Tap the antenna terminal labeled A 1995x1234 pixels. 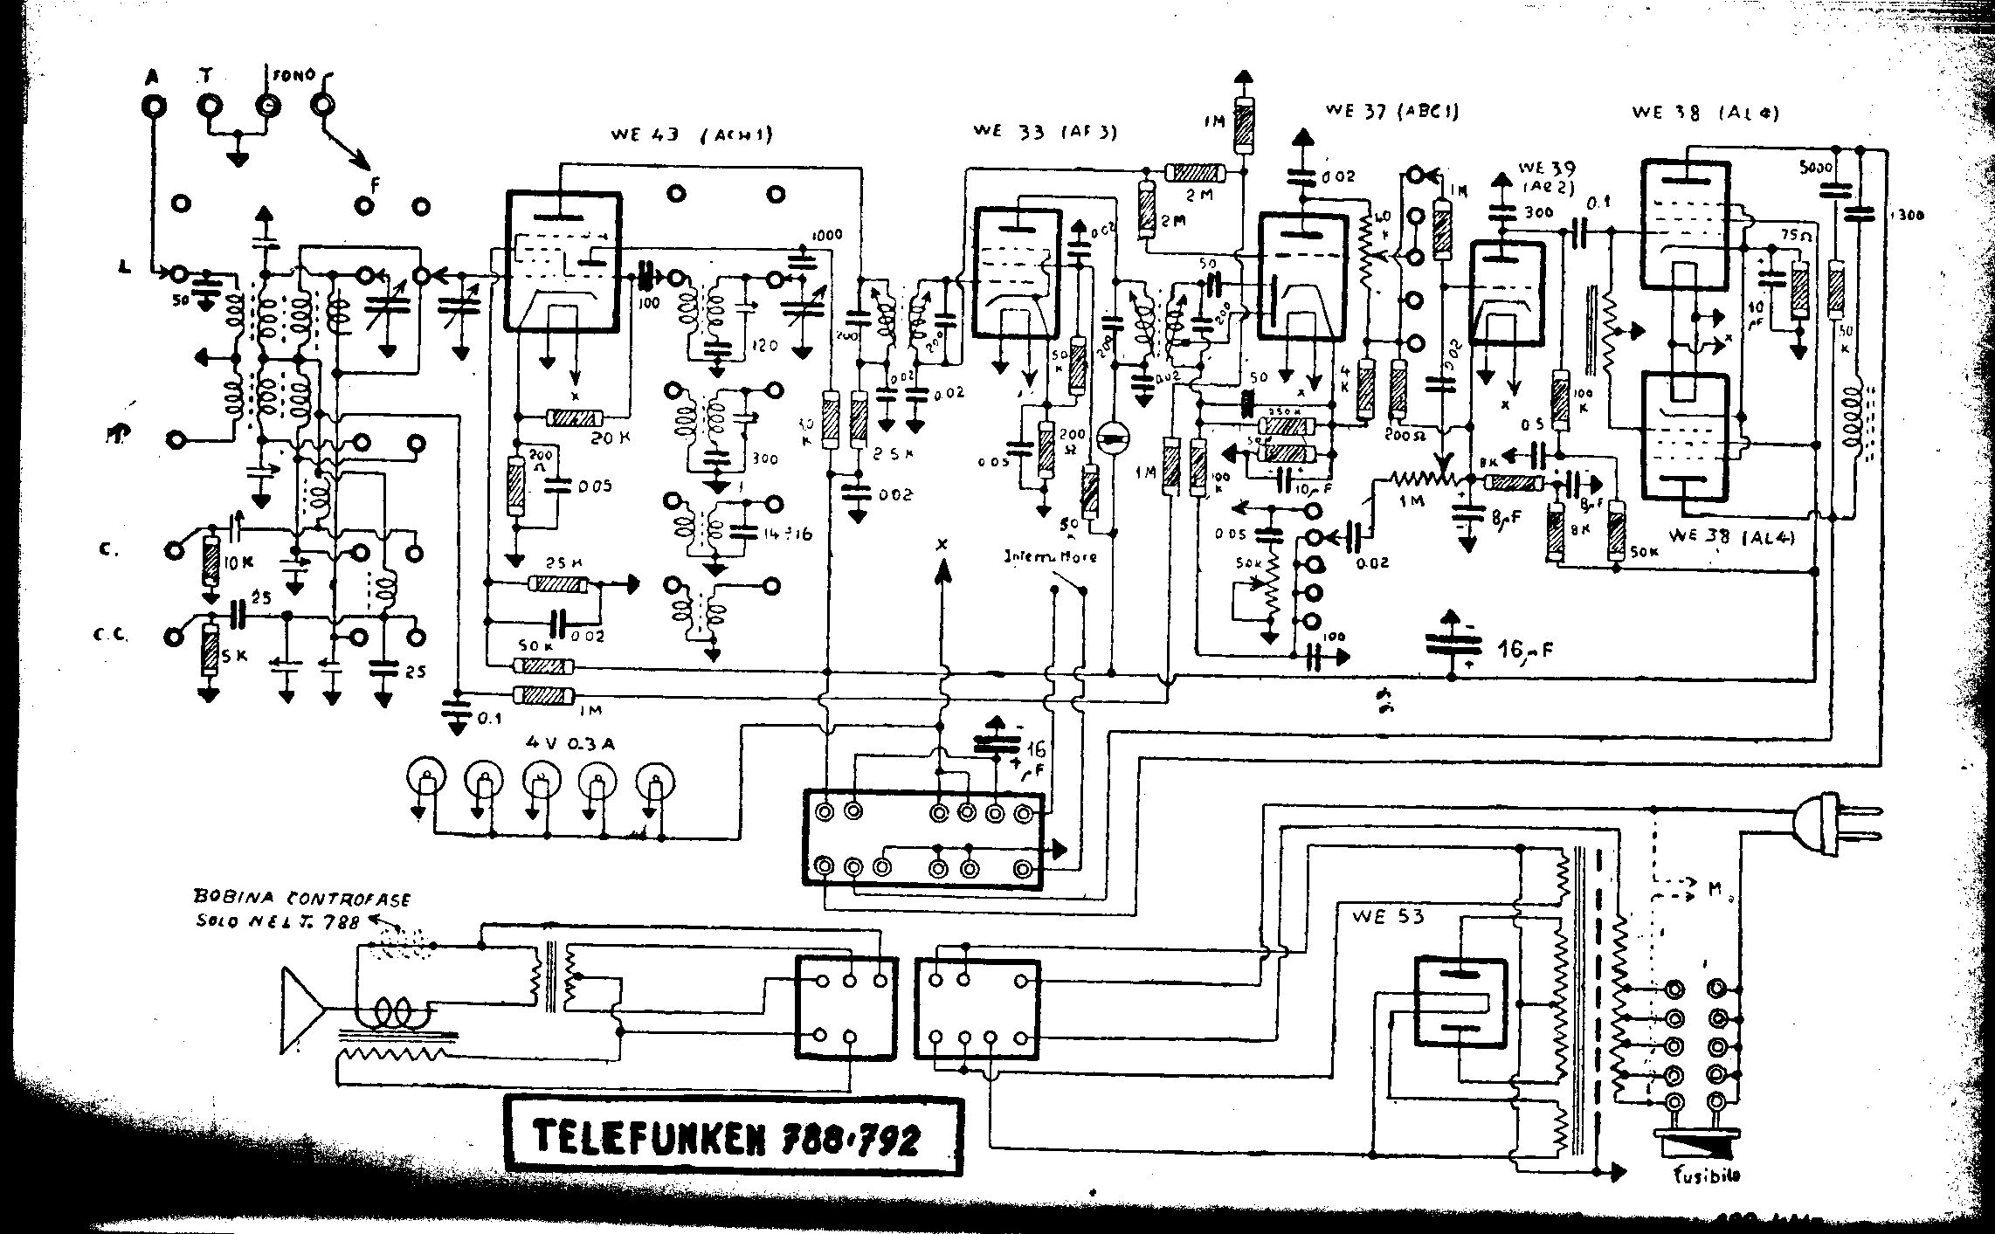(155, 106)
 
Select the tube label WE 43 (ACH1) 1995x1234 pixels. (692, 134)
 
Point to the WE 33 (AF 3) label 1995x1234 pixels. (1045, 131)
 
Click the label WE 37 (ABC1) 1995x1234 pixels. (1391, 111)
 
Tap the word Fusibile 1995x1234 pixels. (1706, 1175)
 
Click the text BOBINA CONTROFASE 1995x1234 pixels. (302, 899)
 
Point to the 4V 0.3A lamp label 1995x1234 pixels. (570, 743)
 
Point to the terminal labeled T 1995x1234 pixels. (210, 105)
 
